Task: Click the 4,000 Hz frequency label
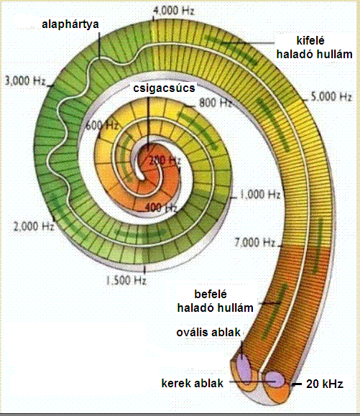(174, 11)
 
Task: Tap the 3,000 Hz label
(25, 80)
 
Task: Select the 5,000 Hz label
(331, 96)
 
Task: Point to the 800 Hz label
(215, 103)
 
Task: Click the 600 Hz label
(102, 125)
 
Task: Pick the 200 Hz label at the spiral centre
(165, 160)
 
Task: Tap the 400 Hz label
(161, 208)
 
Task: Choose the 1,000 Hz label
(260, 195)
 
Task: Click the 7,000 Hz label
(254, 242)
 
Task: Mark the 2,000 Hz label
(34, 226)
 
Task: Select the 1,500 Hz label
(126, 280)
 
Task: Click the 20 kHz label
(325, 384)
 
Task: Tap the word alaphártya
(70, 24)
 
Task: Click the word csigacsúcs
(164, 88)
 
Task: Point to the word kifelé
(310, 40)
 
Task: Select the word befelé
(211, 294)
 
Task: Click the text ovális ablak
(208, 333)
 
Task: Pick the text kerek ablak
(193, 384)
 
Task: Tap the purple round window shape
(275, 379)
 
